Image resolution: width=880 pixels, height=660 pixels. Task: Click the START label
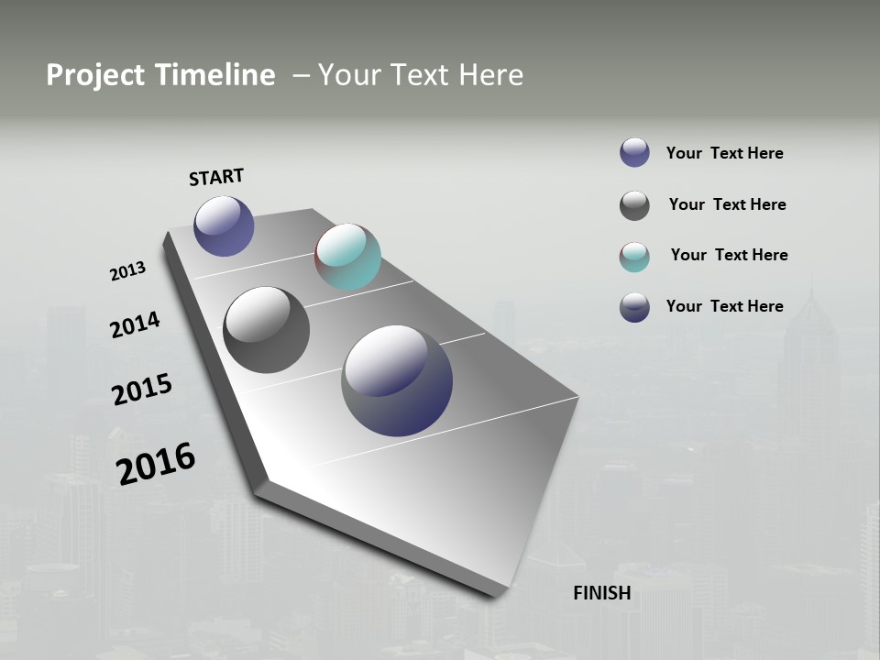pos(216,177)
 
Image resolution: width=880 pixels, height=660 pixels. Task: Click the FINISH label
pos(601,593)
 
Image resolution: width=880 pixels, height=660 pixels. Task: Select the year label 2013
pos(127,271)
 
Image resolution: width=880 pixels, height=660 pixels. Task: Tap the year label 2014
pos(135,325)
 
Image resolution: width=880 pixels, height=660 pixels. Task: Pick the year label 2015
pos(141,390)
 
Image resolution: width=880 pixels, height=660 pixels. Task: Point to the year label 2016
pos(156,464)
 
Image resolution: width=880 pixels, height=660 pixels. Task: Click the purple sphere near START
pos(224,226)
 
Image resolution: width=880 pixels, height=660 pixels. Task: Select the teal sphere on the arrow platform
pos(347,257)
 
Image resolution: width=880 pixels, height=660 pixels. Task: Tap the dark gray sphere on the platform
pos(266,330)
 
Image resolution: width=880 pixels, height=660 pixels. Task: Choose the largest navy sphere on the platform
pos(397,380)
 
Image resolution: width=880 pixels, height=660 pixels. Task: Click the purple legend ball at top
pos(634,152)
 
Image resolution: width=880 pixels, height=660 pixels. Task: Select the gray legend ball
pos(634,205)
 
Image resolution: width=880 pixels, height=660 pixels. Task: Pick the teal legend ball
pos(634,257)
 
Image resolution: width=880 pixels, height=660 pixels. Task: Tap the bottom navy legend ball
pos(634,307)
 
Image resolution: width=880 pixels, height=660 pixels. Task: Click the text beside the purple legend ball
pos(724,153)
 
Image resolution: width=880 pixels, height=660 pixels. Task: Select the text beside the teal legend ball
pos(729,255)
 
